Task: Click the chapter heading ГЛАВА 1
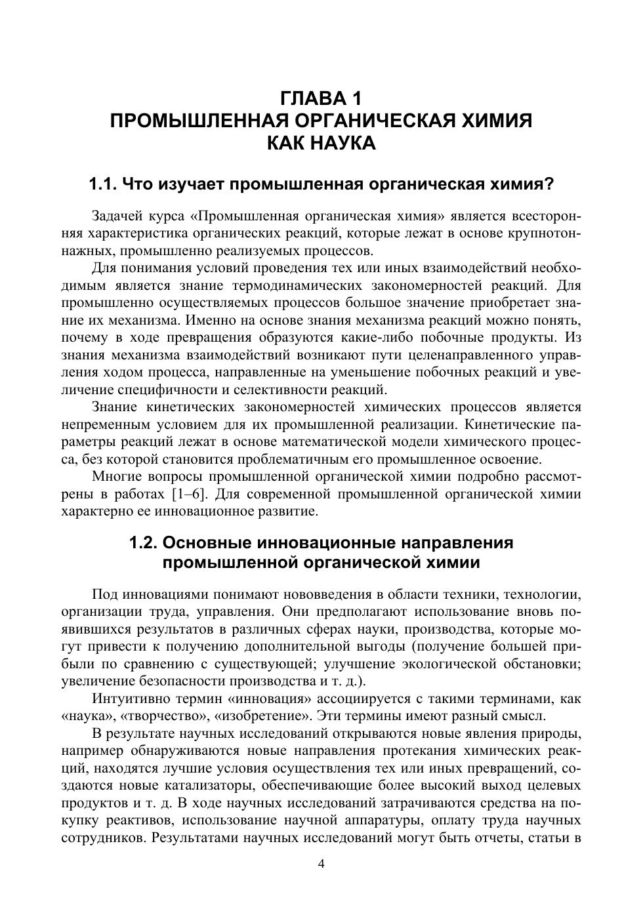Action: pyautogui.click(x=321, y=99)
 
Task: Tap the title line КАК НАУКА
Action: pyautogui.click(x=321, y=143)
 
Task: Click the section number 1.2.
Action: pyautogui.click(x=143, y=543)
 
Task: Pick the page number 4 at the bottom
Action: pyautogui.click(x=321, y=864)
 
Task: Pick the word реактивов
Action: pyautogui.click(x=136, y=820)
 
